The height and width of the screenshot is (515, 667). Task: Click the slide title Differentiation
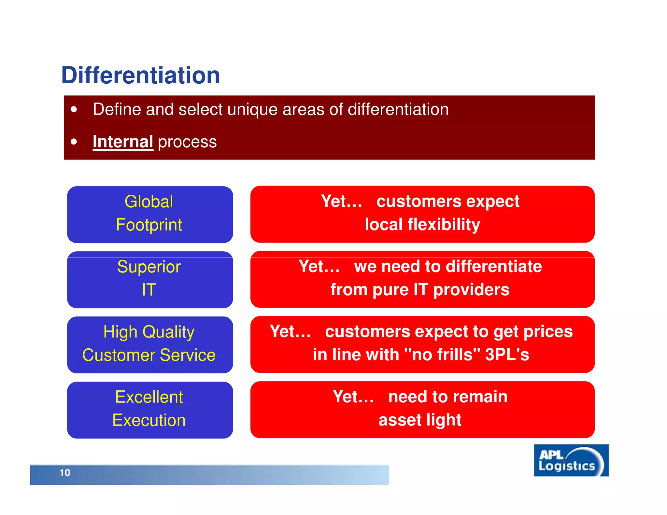click(140, 76)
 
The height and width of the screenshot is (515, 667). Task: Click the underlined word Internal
click(123, 142)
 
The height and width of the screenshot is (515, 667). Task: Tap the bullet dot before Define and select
click(74, 109)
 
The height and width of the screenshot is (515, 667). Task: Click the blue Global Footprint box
click(150, 214)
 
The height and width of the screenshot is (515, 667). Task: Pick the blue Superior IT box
click(150, 279)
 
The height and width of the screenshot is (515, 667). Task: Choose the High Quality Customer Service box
click(150, 344)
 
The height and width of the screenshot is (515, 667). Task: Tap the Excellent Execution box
click(150, 410)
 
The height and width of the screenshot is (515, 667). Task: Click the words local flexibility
click(422, 225)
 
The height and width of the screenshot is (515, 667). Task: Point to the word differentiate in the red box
click(493, 267)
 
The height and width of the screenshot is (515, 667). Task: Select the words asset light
click(419, 420)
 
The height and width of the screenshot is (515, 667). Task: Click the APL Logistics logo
click(571, 460)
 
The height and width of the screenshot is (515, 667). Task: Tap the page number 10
click(65, 473)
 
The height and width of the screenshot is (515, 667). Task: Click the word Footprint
click(149, 225)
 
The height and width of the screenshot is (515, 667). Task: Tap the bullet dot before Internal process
click(74, 142)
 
